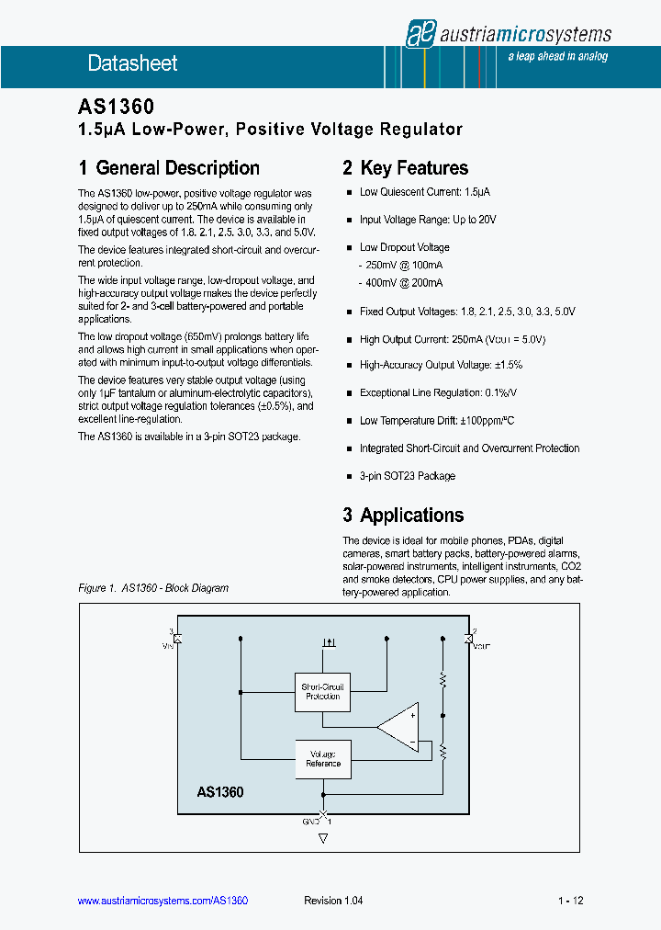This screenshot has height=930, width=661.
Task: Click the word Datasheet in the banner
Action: coord(132,63)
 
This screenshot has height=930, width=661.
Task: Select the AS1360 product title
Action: coord(116,108)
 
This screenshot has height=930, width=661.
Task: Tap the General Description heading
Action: coord(169,168)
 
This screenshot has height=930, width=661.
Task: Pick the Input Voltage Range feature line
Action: coord(428,220)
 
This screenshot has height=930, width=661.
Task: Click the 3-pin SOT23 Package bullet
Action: coord(407,476)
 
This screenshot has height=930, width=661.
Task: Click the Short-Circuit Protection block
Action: coord(322,691)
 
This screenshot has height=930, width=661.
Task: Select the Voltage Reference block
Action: coord(322,758)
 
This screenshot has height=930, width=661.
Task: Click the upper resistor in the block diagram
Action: coord(443,680)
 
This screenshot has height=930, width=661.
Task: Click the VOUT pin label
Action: coord(482,646)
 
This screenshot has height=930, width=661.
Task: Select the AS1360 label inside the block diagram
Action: coord(220,791)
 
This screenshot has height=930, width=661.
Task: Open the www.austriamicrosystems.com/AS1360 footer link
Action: coord(163,902)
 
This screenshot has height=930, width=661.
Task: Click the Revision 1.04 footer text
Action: coord(333,902)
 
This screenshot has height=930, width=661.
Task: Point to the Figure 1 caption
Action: coord(153,588)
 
